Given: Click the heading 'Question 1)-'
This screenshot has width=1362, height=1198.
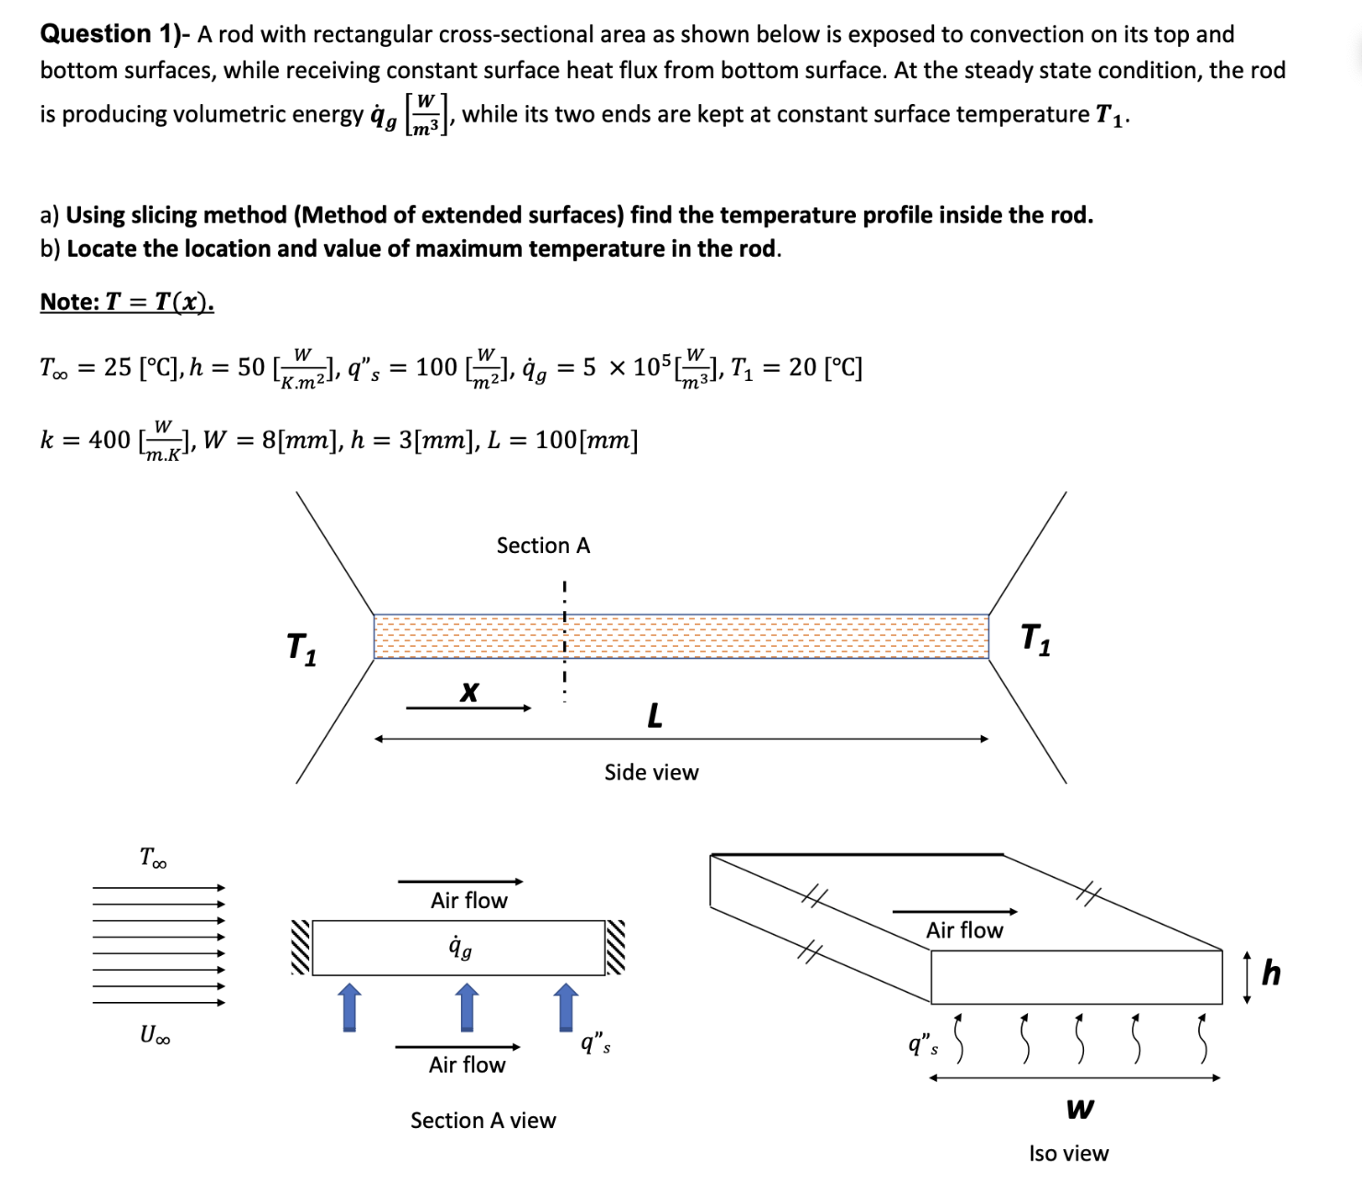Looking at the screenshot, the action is click(114, 34).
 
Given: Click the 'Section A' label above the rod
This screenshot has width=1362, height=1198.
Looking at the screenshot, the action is click(543, 546).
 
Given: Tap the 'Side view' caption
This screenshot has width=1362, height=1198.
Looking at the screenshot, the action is click(651, 772).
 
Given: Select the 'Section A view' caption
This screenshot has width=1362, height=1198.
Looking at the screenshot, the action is click(483, 1120).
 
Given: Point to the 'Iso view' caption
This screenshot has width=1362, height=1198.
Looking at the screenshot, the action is click(1068, 1153).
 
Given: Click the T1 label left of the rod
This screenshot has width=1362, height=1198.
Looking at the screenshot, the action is click(301, 648).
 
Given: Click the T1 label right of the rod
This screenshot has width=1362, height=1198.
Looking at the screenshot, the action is click(1035, 639).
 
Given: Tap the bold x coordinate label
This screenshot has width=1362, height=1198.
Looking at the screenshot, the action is click(469, 691).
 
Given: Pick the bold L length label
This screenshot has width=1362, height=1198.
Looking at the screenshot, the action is click(654, 715).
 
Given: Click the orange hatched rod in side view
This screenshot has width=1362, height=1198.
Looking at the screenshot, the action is click(681, 636).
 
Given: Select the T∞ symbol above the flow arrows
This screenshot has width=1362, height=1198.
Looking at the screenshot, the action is click(154, 858).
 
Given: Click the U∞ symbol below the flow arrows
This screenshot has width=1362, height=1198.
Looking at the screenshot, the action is click(155, 1035).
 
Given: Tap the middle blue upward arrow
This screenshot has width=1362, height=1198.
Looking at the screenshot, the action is click(467, 1007).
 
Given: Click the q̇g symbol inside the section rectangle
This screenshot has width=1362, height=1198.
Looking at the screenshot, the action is click(459, 947).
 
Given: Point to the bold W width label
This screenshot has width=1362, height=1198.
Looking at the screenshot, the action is click(1079, 1109).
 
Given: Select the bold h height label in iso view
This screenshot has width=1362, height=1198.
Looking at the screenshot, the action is click(1271, 973).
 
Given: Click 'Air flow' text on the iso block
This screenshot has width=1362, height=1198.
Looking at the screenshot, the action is click(964, 930).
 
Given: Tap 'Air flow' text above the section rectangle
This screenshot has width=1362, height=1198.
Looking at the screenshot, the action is click(468, 900).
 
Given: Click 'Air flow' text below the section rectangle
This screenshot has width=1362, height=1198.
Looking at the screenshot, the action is click(467, 1065).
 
